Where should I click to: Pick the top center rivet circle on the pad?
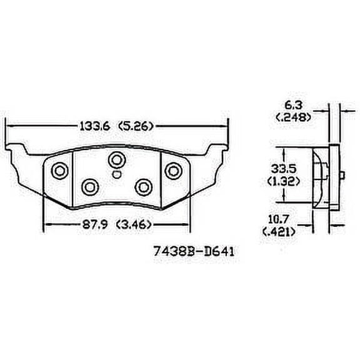click(x=116, y=159)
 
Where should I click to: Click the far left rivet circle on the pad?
click(x=59, y=170)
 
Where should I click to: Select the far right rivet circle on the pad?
click(x=172, y=170)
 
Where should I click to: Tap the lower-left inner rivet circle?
click(x=91, y=186)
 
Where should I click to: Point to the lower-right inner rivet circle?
click(x=144, y=186)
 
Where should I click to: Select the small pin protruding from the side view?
click(x=344, y=175)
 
